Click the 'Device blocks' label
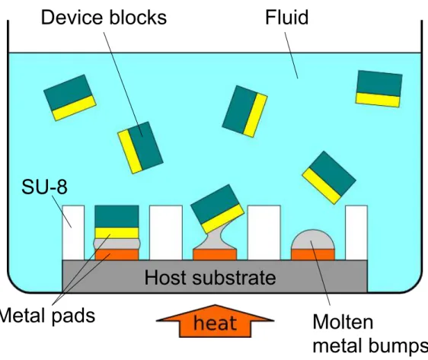(104, 18)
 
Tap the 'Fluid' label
(287, 18)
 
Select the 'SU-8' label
(44, 187)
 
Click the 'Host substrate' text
(210, 278)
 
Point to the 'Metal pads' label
(47, 316)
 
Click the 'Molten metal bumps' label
(370, 334)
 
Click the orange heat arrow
(215, 321)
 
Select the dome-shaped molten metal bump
(313, 240)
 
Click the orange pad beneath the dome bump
(313, 254)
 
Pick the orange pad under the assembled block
(117, 254)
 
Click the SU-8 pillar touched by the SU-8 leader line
(73, 233)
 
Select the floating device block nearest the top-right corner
(378, 88)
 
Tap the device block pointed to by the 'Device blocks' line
(140, 148)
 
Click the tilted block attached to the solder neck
(217, 209)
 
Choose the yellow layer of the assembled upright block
(117, 233)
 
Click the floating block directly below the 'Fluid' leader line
(245, 111)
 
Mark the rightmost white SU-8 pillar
(356, 233)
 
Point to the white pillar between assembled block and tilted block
(166, 233)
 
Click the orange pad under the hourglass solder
(215, 254)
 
